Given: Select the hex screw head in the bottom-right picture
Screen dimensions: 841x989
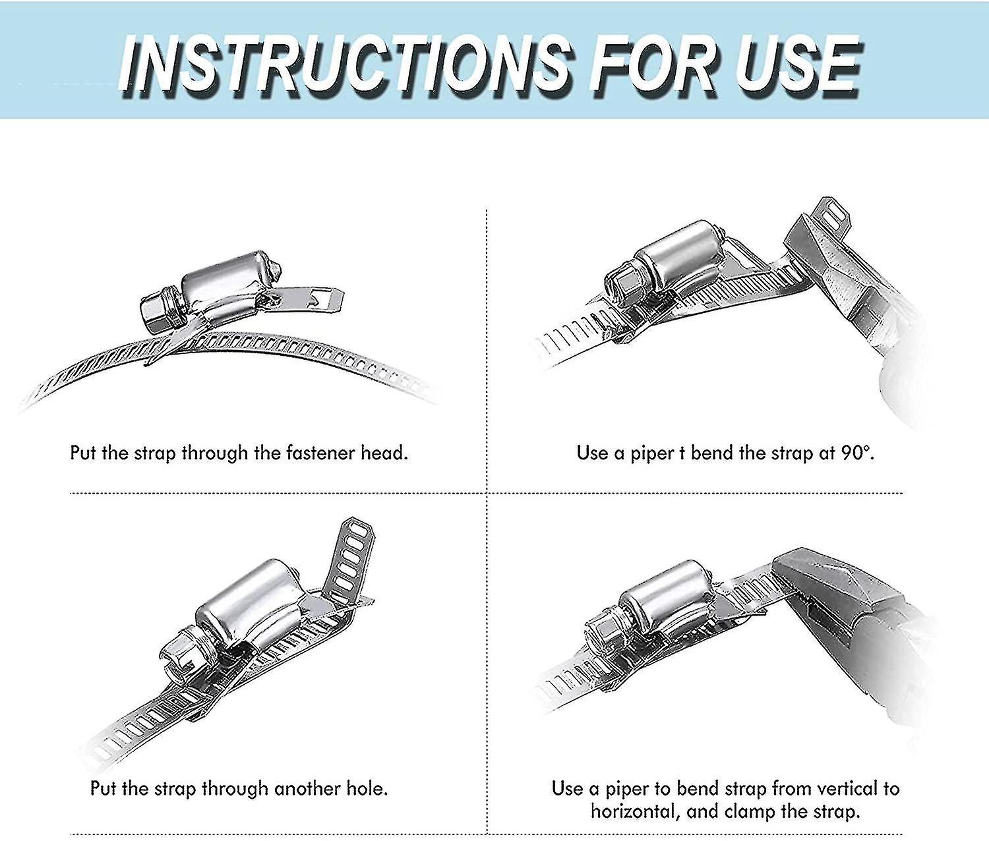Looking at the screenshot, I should tap(601, 636).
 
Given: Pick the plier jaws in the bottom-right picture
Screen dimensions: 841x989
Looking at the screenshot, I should tap(811, 580).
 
